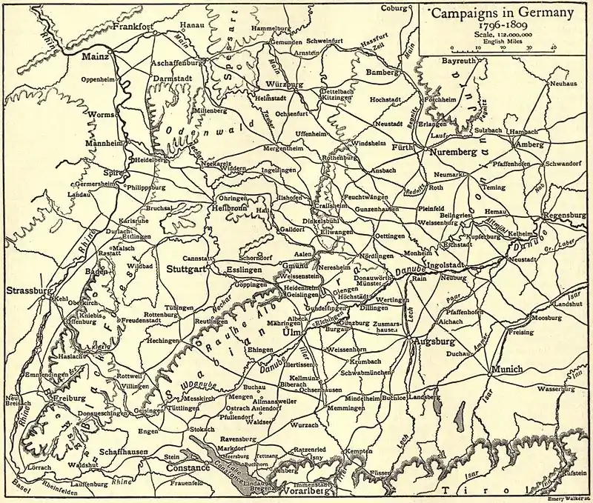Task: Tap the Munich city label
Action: tap(507, 368)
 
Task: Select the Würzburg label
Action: tap(284, 85)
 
